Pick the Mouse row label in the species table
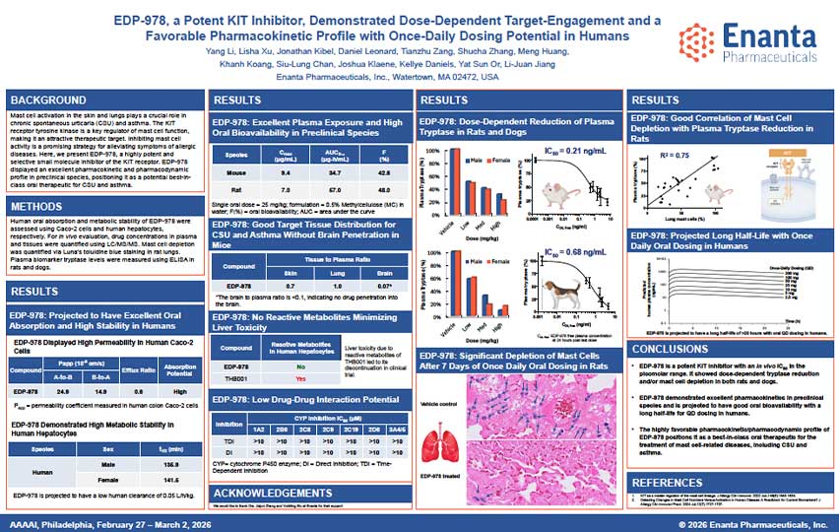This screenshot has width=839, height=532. pos(236,171)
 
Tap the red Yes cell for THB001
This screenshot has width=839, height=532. pos(297,377)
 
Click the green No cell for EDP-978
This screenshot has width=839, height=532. pos(297,364)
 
